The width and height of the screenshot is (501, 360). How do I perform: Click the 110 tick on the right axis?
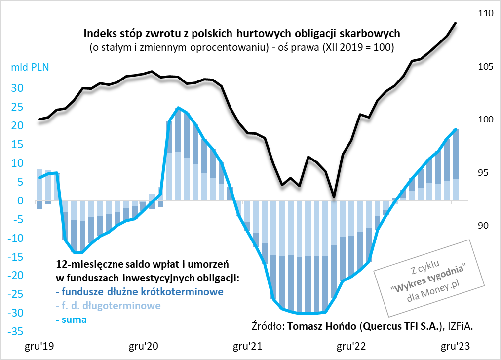(486, 14)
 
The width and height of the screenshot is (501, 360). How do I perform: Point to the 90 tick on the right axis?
(486, 226)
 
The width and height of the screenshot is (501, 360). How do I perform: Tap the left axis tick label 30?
(18, 88)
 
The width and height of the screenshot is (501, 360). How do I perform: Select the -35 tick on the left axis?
(16, 331)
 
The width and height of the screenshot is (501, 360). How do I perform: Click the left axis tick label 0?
(21, 201)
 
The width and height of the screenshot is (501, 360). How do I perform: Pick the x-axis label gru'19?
(39, 347)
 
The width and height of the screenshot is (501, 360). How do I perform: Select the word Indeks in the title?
(99, 35)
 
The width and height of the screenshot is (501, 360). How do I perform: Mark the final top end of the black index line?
(455, 23)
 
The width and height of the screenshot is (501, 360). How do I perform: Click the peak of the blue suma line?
(178, 108)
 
